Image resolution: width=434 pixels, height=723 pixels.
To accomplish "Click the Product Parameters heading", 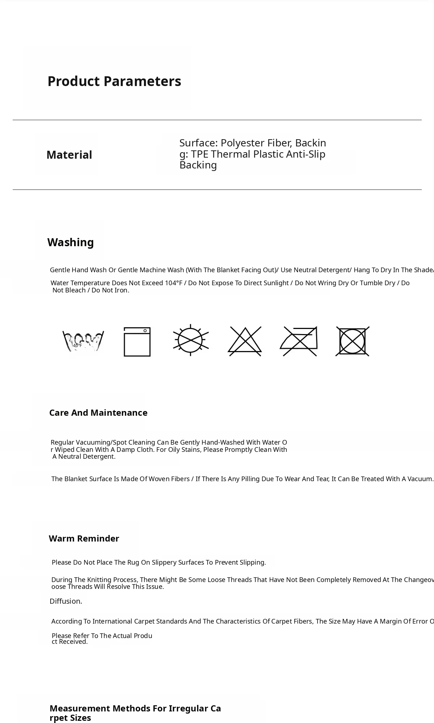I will coord(114,81).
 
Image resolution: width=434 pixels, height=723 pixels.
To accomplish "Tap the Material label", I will coord(69,155).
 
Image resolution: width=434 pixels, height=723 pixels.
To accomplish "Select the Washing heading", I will coord(71,242).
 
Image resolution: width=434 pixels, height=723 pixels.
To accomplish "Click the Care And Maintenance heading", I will coord(98,413).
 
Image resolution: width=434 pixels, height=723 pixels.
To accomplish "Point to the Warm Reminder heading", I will coord(84,539).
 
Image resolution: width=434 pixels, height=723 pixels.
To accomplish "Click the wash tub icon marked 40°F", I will coord(83,342).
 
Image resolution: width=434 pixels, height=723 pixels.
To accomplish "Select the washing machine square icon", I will coord(137,342).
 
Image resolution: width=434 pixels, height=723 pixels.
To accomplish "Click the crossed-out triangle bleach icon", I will coord(245,341).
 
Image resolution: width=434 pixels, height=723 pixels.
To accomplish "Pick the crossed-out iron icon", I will coord(299,341).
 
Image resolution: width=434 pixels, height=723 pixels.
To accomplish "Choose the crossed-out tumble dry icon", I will coord(352,341).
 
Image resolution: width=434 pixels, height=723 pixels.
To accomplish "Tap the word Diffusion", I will coord(66,601).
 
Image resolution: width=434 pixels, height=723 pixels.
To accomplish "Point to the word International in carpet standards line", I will coord(112,621).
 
